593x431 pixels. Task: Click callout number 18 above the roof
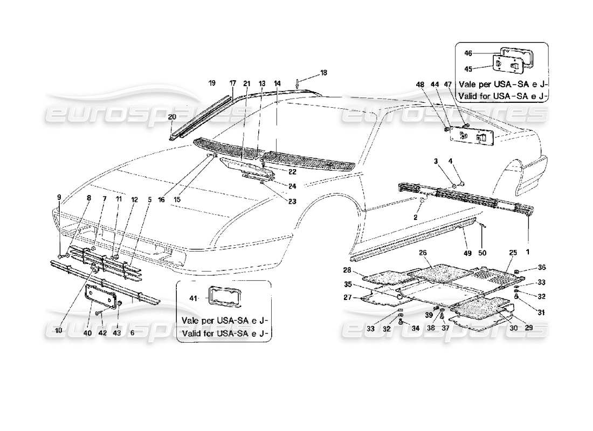coord(323,72)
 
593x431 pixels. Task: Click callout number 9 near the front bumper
coord(59,196)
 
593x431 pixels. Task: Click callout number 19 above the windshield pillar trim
coord(212,83)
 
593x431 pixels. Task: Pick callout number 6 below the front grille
coord(132,333)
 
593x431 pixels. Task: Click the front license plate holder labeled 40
coord(102,297)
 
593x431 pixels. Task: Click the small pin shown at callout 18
coord(298,82)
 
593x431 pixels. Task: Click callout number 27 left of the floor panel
coord(348,297)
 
